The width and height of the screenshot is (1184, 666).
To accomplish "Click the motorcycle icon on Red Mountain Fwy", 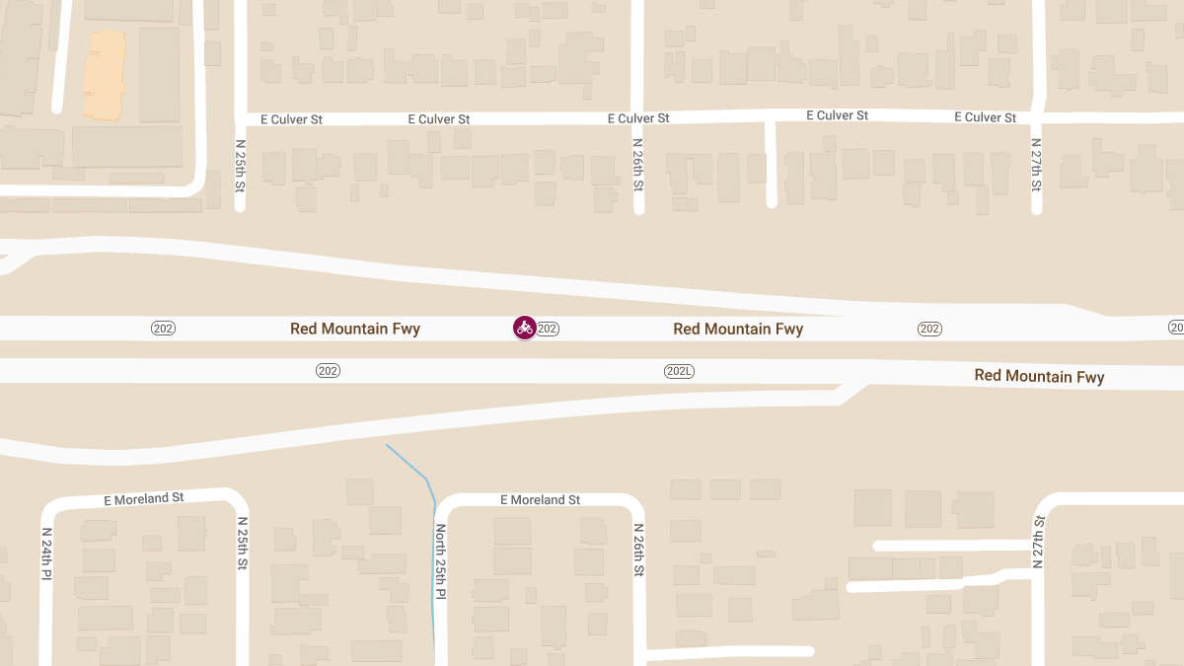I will [x=524, y=328].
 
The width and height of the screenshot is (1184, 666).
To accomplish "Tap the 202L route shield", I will [x=679, y=371].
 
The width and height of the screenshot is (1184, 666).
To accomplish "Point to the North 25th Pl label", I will [x=441, y=559].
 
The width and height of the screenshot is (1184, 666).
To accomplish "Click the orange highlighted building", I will [x=104, y=74].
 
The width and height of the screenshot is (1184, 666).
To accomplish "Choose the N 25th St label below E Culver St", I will [x=240, y=164].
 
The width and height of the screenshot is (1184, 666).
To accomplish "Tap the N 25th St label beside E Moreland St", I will [x=242, y=543].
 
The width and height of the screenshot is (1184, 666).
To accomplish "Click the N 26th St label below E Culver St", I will [x=638, y=164].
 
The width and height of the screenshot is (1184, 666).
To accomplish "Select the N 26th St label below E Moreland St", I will [x=638, y=551].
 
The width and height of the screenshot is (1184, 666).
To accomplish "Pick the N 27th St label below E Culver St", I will [x=1036, y=164].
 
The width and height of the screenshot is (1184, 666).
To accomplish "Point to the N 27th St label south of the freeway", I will [x=1039, y=542].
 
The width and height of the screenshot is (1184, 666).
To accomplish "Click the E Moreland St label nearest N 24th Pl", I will [x=144, y=498].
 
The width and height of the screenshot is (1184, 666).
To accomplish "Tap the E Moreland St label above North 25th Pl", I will [x=540, y=500].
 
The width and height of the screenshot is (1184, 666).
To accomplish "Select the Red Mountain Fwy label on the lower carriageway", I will [x=1039, y=376].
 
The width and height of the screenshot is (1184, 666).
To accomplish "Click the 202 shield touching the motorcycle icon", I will [x=549, y=329].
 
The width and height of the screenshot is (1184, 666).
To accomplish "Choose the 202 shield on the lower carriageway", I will [x=328, y=371].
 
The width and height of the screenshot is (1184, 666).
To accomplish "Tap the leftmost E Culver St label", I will [x=291, y=119].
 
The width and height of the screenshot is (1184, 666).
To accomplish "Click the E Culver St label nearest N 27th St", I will [x=985, y=117].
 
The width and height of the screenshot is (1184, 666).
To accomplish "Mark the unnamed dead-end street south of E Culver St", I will [x=771, y=163].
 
